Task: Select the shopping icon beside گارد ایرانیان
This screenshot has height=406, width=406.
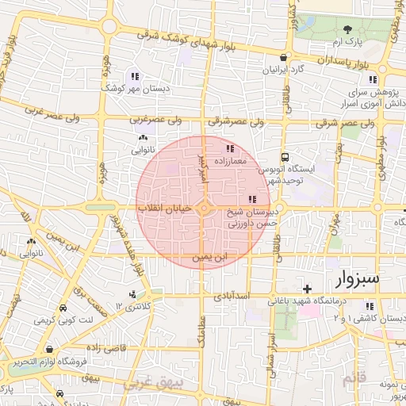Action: (283, 57)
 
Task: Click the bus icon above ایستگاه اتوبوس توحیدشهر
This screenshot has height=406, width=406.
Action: (285, 157)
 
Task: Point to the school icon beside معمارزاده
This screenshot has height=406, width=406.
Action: (230, 148)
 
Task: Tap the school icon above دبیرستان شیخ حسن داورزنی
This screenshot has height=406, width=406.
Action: (252, 200)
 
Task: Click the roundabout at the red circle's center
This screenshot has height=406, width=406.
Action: (205, 209)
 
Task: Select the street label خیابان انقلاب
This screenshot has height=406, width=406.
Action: (164, 208)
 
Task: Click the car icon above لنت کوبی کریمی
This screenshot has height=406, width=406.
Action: (62, 308)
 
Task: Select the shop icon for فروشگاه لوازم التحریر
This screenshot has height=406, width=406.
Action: (50, 350)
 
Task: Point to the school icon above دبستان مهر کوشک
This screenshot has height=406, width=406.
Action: (134, 77)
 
